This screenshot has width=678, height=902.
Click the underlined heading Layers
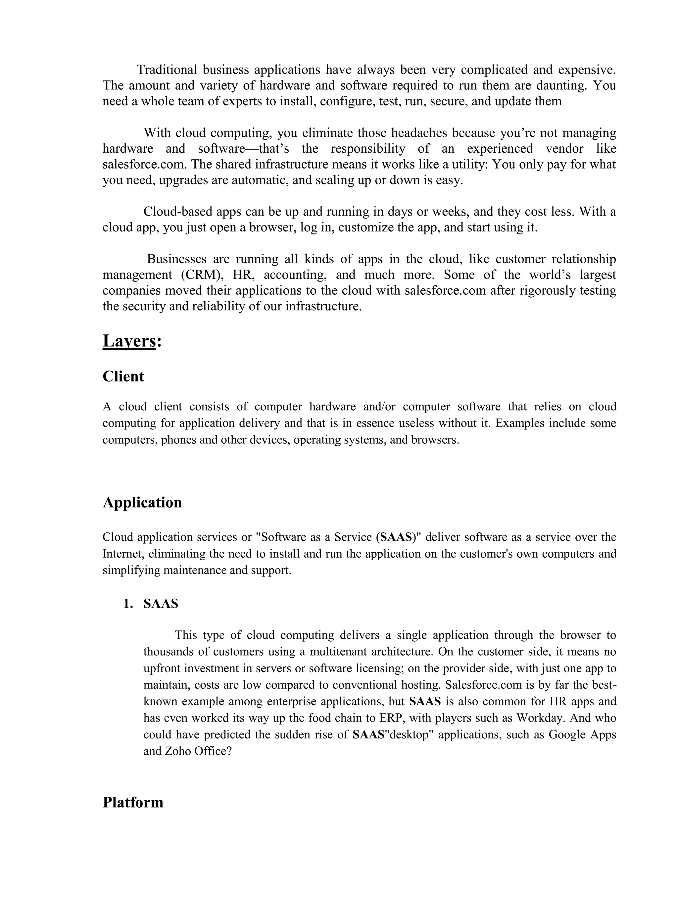[129, 341]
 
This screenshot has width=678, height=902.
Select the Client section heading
[123, 376]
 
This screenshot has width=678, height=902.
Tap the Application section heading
[142, 503]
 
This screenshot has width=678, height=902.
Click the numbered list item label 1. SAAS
[151, 604]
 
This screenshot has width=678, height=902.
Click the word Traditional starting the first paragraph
[167, 70]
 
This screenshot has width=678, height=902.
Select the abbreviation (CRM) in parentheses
[203, 275]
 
